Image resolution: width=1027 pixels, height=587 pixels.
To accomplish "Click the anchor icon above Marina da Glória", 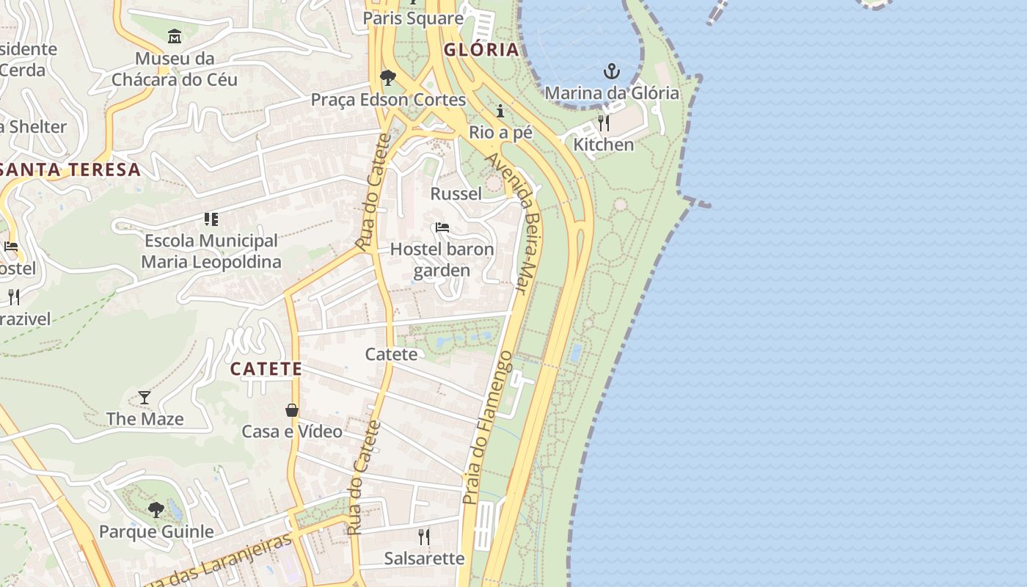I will (612, 71).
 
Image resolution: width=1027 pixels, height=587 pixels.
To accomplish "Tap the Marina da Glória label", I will (612, 93).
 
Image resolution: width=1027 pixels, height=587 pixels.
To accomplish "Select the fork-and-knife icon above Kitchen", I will (604, 123).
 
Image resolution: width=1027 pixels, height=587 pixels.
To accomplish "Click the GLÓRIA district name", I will (481, 50).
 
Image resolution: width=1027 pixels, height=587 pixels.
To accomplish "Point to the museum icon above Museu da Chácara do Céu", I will (175, 36).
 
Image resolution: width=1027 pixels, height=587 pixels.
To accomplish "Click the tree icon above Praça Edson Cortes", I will (388, 77).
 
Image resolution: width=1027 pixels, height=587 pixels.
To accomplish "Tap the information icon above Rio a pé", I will (501, 111).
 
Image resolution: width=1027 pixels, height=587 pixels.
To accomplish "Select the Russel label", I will (456, 194).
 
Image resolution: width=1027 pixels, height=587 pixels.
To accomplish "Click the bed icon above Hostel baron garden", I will (442, 227).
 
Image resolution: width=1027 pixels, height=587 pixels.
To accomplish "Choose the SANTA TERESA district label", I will (70, 169).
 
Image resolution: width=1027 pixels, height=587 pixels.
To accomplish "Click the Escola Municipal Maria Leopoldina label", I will (211, 251).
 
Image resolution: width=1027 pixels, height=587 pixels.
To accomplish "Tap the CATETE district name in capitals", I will (266, 368).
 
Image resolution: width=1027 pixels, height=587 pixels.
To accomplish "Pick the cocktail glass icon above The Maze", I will (145, 398).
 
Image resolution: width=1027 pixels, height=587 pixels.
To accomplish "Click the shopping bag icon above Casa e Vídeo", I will (292, 410).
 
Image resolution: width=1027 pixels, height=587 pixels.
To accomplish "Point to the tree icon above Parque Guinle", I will (156, 509).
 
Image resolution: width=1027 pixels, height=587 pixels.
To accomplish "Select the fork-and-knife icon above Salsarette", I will (424, 536).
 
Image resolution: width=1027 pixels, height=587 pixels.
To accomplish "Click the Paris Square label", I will (413, 18).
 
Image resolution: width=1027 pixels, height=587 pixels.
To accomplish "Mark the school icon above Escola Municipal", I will (211, 219).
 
